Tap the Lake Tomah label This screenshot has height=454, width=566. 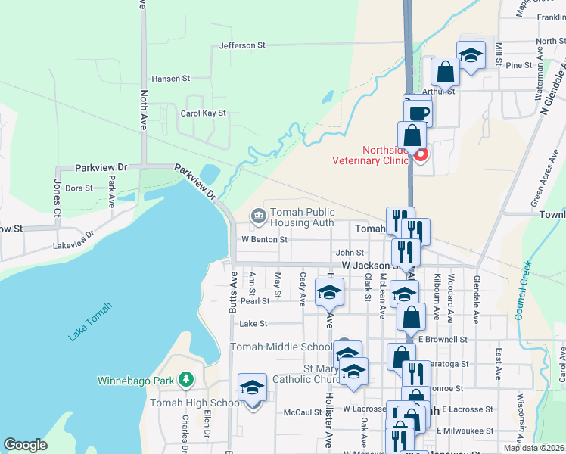click(x=89, y=322)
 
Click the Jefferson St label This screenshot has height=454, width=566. click(x=242, y=45)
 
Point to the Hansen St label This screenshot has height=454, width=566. click(x=170, y=78)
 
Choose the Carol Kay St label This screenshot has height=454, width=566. click(x=204, y=113)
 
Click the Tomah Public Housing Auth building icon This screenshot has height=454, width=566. click(x=259, y=217)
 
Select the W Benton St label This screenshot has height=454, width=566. click(x=264, y=239)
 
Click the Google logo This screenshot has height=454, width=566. click(x=25, y=445)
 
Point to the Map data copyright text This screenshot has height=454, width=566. click(x=534, y=448)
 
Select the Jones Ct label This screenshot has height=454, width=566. click(x=57, y=192)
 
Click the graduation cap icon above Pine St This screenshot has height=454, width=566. click(x=471, y=55)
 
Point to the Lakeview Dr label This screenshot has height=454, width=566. click(x=73, y=246)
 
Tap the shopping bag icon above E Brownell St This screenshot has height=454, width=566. click(x=411, y=317)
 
